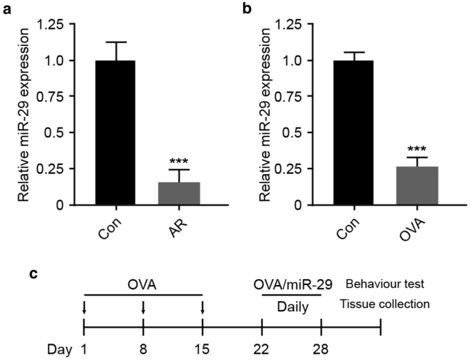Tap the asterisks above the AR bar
(179, 160)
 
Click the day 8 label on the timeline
(143, 349)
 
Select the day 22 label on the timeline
(262, 349)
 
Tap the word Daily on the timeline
(292, 307)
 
